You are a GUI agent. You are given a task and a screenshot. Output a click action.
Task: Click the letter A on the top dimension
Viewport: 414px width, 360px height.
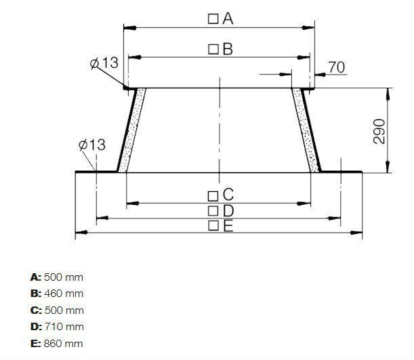(x=228, y=19)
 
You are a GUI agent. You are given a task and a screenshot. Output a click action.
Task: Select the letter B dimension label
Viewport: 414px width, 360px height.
(x=227, y=49)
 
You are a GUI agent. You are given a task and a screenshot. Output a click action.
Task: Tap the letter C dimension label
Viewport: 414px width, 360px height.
(x=228, y=195)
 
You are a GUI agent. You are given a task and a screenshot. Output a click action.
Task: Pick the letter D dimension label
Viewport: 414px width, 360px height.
(x=228, y=211)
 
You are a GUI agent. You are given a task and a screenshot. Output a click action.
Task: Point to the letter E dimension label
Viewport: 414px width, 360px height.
(x=228, y=226)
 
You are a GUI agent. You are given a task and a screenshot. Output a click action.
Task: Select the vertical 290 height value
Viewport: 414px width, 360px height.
(x=379, y=131)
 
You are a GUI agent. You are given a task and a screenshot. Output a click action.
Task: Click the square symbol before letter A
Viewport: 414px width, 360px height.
(x=213, y=19)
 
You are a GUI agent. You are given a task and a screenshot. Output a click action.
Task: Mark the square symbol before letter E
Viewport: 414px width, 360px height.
(x=213, y=226)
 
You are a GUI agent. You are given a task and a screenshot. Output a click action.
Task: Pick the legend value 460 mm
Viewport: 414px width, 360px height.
(x=65, y=294)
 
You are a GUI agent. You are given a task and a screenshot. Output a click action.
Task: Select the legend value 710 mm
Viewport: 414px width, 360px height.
(x=64, y=327)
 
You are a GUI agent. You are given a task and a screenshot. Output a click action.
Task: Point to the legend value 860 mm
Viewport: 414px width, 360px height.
(x=64, y=344)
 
